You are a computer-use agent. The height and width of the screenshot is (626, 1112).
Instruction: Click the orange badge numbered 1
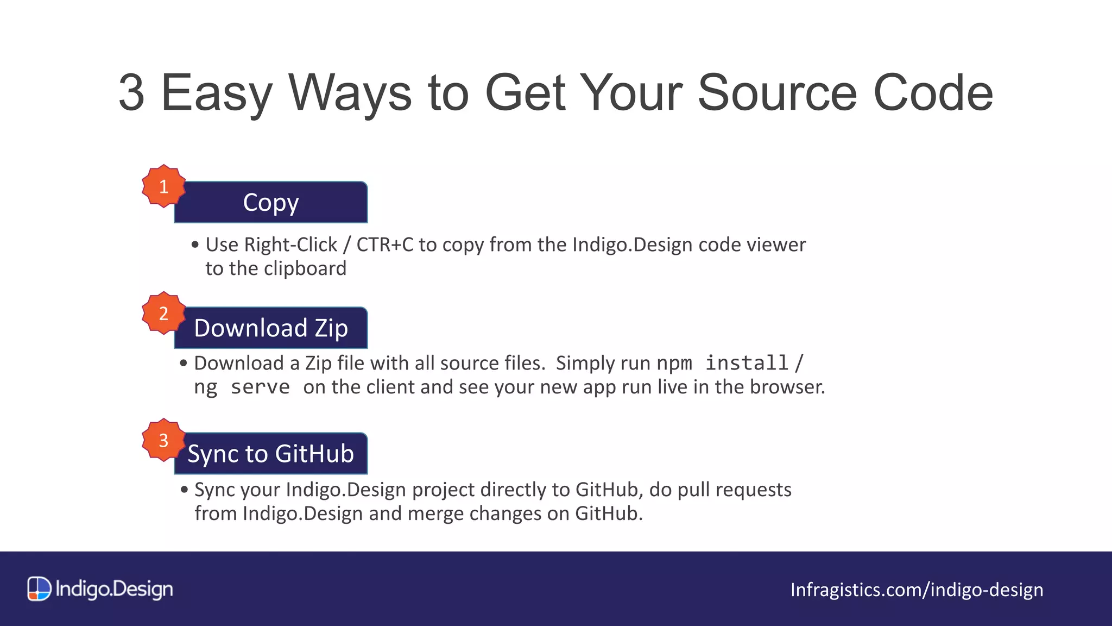tap(163, 186)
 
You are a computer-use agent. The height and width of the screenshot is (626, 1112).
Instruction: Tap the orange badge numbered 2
tap(163, 313)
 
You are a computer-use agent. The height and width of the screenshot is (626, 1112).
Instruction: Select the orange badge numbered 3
tap(163, 440)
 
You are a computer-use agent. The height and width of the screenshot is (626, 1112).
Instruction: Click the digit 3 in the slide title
tap(131, 93)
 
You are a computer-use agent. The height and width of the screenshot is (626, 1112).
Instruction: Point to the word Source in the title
tap(777, 93)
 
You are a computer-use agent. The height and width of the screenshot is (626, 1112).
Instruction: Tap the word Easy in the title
tap(216, 94)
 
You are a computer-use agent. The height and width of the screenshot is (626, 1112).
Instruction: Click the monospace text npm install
tap(722, 363)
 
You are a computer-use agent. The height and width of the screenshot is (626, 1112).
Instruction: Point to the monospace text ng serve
tap(242, 387)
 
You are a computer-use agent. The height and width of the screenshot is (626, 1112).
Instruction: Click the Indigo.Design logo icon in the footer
tap(39, 589)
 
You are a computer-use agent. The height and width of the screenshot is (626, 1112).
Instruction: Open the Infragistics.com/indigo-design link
tap(917, 590)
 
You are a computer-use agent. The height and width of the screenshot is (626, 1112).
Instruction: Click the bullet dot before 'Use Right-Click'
tap(195, 245)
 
